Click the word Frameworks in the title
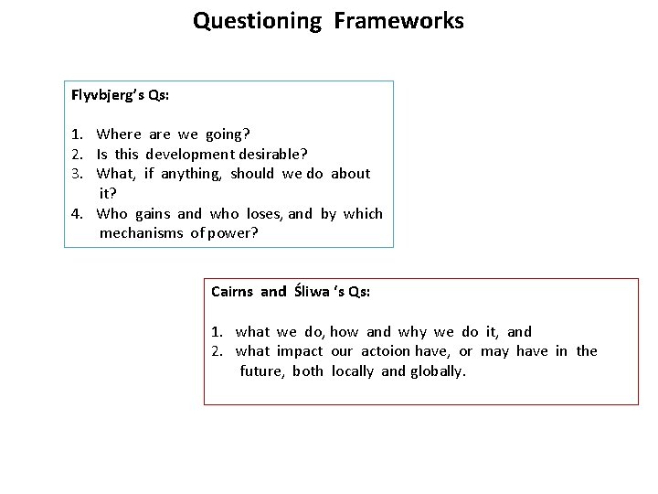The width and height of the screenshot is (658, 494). [398, 20]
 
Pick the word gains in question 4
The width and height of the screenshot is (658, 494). [153, 214]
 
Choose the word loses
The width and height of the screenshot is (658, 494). [264, 214]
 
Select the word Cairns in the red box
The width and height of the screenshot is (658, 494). [232, 292]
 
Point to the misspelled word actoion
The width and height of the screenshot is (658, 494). [387, 351]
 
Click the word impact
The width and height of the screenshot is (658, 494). [301, 351]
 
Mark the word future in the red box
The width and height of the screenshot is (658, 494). [261, 371]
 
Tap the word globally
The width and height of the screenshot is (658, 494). [438, 371]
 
